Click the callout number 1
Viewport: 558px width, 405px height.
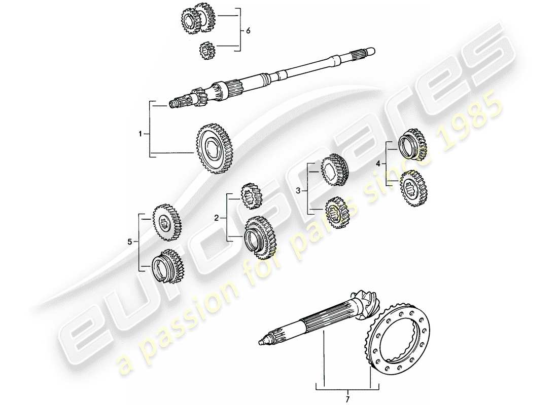[140, 134]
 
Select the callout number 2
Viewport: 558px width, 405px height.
[217, 218]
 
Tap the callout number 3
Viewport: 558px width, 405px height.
[298, 190]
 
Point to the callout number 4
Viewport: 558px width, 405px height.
[377, 164]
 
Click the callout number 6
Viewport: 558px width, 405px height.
[248, 31]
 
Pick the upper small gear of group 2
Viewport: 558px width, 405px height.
[251, 195]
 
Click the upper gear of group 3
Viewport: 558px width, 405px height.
[335, 169]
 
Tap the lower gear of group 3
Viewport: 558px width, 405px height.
[336, 212]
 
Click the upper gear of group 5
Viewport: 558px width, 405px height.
[166, 222]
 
